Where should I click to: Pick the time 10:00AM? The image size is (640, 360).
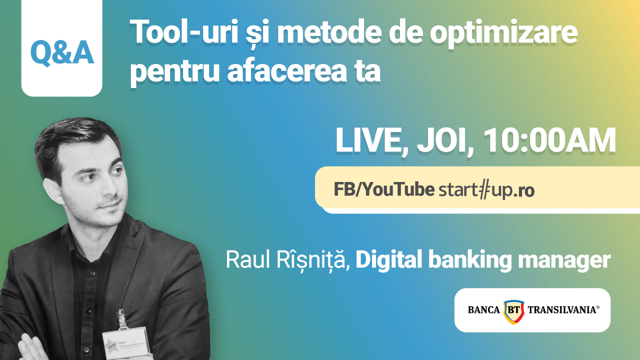point(549,141)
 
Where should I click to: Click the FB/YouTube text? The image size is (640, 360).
point(383,190)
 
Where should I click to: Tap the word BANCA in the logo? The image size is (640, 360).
point(483,310)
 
